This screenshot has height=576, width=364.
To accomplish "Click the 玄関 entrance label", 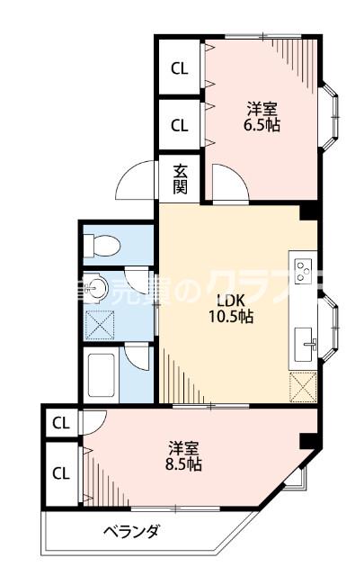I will click(181, 178).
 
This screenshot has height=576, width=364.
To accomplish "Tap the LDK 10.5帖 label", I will click(233, 308).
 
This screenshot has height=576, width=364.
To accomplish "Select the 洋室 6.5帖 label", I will click(263, 118).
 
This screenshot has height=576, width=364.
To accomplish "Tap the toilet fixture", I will click(102, 244).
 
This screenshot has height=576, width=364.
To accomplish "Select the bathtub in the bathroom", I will click(101, 377).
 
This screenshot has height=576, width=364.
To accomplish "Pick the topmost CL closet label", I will click(180, 67).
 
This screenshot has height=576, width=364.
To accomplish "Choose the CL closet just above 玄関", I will click(180, 125).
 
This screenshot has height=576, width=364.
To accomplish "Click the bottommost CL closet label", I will click(61, 472).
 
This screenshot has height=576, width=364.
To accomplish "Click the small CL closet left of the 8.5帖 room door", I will click(61, 421).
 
